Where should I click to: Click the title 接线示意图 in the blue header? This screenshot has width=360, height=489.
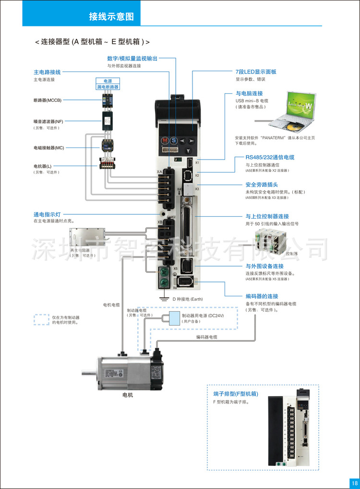click(111, 17)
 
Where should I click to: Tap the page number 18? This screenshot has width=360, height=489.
click(354, 483)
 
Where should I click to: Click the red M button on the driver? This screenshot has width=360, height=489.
click(165, 141)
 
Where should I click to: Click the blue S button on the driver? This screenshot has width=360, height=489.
click(174, 141)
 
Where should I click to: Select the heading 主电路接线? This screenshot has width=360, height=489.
click(47, 72)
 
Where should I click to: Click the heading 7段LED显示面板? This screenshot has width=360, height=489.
click(256, 72)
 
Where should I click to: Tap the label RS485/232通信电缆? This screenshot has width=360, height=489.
click(270, 157)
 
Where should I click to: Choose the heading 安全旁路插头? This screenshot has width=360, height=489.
click(262, 184)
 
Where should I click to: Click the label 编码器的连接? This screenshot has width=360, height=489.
click(262, 296)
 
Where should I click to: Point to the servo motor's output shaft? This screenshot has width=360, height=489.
click(88, 371)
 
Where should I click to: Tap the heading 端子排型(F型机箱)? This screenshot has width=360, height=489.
click(236, 393)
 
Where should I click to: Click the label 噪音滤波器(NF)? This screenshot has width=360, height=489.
click(48, 122)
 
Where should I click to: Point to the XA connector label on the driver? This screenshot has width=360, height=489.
click(159, 171)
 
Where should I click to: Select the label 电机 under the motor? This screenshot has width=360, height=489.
click(128, 395)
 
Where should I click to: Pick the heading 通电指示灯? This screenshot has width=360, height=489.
click(47, 214)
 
